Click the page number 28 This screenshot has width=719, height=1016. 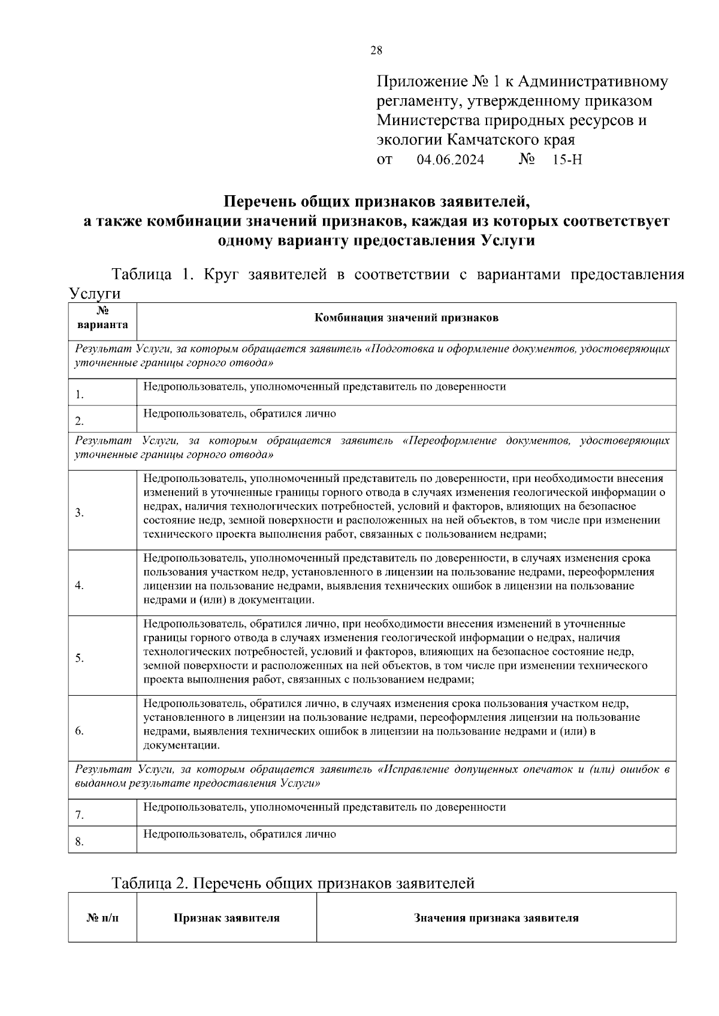pyautogui.click(x=376, y=50)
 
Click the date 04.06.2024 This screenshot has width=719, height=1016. pyautogui.click(x=450, y=160)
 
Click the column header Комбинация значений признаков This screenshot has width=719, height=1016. pyautogui.click(x=406, y=318)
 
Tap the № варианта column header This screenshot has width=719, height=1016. pyautogui.click(x=102, y=318)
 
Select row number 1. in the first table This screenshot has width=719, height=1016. pyautogui.click(x=79, y=395)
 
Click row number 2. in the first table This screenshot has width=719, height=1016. pyautogui.click(x=79, y=421)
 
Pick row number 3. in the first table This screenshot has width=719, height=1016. pyautogui.click(x=79, y=513)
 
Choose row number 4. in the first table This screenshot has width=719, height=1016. pyautogui.click(x=79, y=586)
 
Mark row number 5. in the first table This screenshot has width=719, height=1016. pyautogui.click(x=79, y=659)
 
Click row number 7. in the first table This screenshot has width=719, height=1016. pyautogui.click(x=79, y=815)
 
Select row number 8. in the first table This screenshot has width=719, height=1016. pyautogui.click(x=79, y=842)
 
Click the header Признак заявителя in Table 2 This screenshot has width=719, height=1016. pyautogui.click(x=226, y=918)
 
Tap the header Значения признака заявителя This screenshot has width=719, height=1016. pyautogui.click(x=496, y=918)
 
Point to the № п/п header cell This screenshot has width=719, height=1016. pyautogui.click(x=102, y=918)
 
